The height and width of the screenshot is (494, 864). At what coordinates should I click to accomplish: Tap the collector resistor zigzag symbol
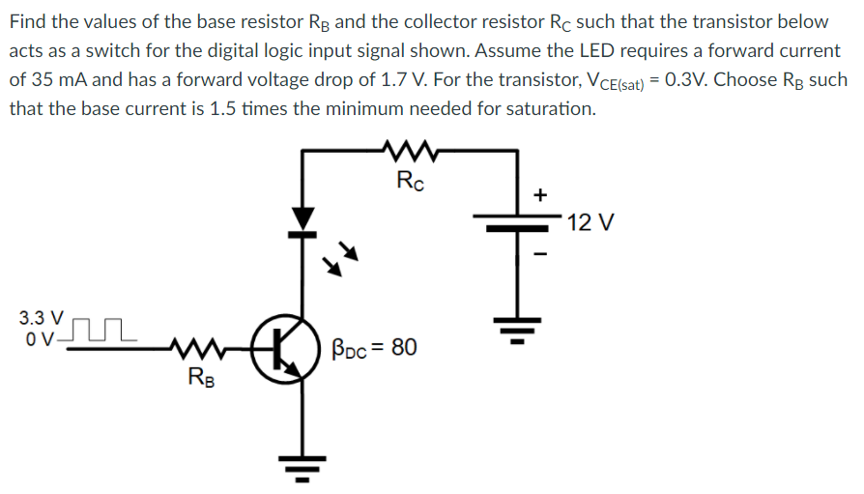coord(412,150)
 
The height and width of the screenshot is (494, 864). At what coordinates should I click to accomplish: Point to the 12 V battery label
coord(591,223)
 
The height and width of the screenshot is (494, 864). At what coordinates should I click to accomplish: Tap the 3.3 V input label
coord(42,317)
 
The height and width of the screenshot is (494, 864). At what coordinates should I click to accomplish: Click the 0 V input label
coord(40,338)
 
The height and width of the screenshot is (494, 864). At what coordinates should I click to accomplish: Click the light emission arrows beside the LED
coord(342,258)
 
